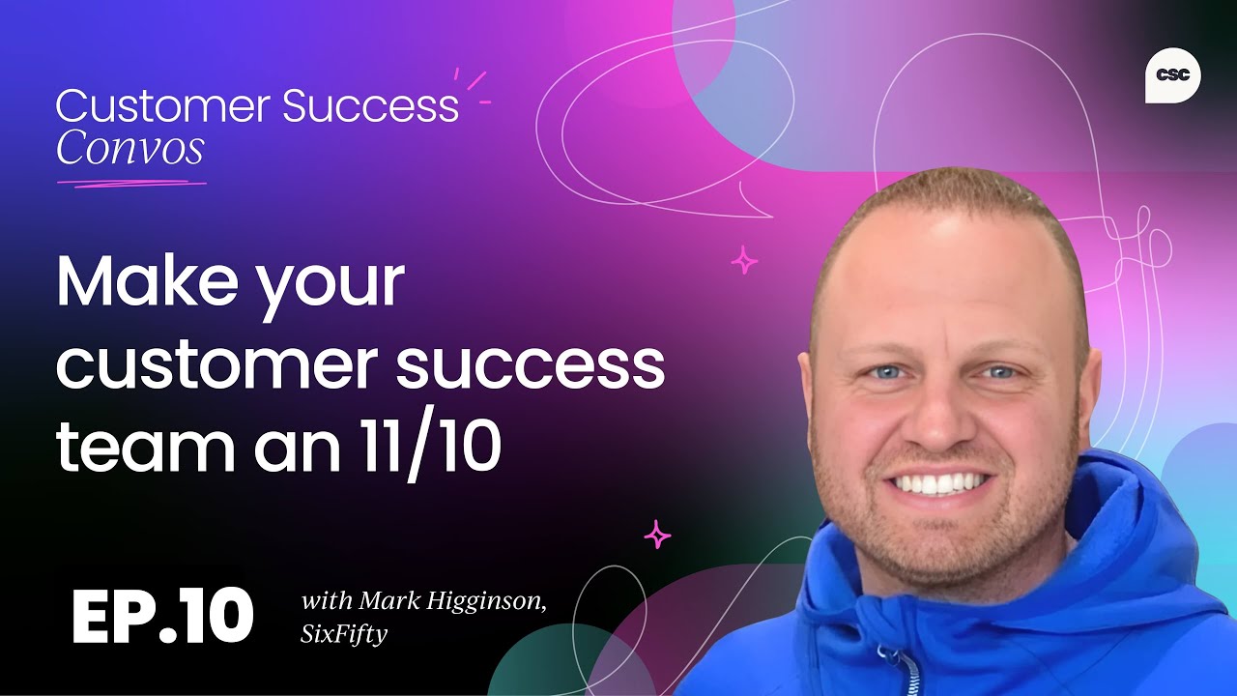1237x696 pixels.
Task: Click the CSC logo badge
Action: tap(1172, 75)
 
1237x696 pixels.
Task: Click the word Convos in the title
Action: tap(129, 148)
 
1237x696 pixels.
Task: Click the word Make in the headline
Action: tap(149, 281)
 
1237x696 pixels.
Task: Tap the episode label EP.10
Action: tap(162, 616)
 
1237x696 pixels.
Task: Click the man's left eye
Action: tap(998, 371)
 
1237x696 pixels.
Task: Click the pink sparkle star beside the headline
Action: tap(744, 260)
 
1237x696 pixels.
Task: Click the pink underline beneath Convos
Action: tap(131, 182)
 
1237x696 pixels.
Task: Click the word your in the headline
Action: tap(330, 283)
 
